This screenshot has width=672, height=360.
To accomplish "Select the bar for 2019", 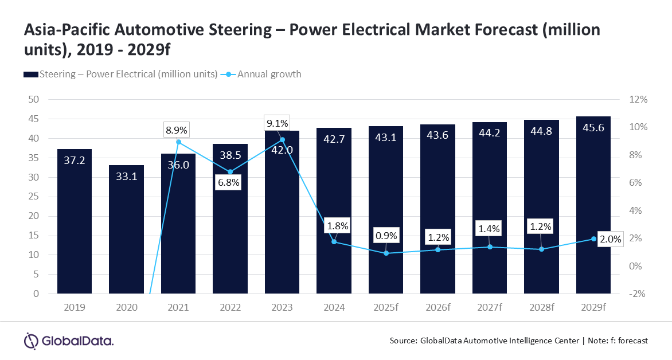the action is tap(75, 221).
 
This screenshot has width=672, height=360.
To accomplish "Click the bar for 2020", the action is tap(126, 229).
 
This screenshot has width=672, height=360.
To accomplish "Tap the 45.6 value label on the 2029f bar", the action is tap(593, 128).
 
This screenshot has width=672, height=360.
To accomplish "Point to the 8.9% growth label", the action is tap(177, 130).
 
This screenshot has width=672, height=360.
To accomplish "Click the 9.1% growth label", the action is tap(278, 123).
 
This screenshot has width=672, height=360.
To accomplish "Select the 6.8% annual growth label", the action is tap(229, 182).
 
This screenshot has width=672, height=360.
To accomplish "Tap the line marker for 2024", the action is tap(334, 242).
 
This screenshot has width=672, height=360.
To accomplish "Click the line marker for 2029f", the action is tap(593, 238).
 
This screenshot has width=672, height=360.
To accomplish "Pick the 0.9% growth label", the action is tap(386, 236).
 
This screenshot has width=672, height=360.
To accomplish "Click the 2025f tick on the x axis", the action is tap(386, 307).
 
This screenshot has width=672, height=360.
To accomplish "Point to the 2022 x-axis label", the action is tap(230, 307).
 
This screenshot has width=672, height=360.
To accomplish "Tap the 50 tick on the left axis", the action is tap(33, 99).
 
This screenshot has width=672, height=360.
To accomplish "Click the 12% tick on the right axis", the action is tap(638, 99).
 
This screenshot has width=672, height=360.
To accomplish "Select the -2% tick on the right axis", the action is tap(637, 294).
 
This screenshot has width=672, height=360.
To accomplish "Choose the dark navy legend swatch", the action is tap(31, 75).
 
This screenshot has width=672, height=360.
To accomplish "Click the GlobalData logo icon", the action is tap(31, 341).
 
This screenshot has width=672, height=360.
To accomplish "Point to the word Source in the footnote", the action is tap(403, 341).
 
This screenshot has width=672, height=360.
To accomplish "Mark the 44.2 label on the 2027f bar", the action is tap(490, 133).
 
